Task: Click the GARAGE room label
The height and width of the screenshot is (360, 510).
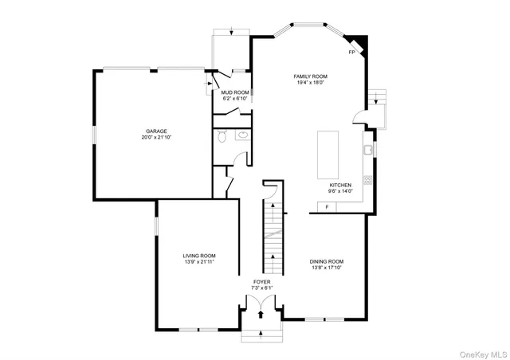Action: tap(155, 131)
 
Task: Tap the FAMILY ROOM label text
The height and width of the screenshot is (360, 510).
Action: tap(311, 76)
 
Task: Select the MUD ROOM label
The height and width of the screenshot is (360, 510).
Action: tap(235, 92)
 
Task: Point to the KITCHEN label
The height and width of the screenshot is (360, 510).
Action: tap(340, 185)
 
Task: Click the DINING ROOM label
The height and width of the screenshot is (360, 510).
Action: tap(327, 261)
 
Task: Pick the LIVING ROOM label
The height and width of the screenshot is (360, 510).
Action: tap(199, 255)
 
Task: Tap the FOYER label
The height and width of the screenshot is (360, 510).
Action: tap(262, 281)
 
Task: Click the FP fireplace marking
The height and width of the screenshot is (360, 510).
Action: tap(351, 53)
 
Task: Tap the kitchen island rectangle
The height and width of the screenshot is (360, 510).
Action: tap(329, 155)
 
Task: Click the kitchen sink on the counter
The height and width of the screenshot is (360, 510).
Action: tap(367, 149)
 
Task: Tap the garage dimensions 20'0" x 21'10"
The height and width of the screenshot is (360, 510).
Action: tap(155, 138)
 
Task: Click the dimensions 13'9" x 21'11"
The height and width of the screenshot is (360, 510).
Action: tap(199, 261)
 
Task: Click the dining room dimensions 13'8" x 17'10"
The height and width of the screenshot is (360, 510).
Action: tap(327, 268)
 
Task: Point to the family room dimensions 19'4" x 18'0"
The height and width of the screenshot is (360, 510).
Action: tap(311, 83)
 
